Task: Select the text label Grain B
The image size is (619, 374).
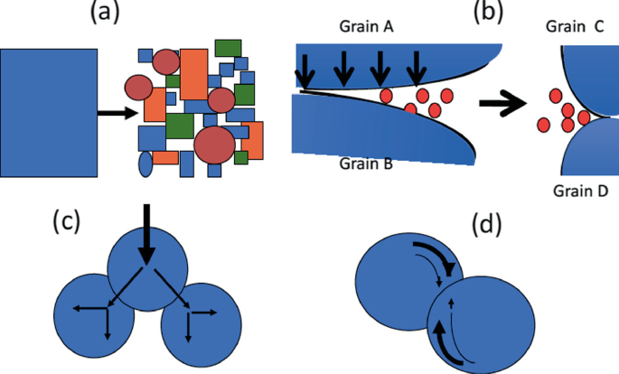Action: click(366, 164)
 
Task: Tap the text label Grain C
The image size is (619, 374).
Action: click(575, 26)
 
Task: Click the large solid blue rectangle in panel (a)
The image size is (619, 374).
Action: click(50, 112)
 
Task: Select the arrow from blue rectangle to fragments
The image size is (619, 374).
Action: click(117, 113)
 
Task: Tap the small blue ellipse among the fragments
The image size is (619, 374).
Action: click(145, 164)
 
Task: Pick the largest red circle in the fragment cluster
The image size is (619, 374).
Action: click(214, 145)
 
